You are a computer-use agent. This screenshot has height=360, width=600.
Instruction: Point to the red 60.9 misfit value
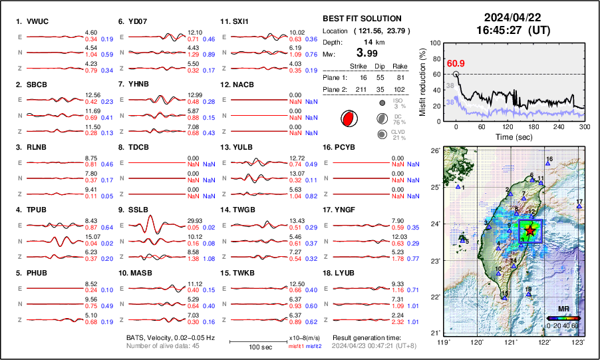[456, 63]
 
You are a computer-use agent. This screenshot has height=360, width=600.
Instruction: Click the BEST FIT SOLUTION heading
[361, 19]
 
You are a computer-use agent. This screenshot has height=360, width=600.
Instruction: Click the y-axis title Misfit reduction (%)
[424, 79]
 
